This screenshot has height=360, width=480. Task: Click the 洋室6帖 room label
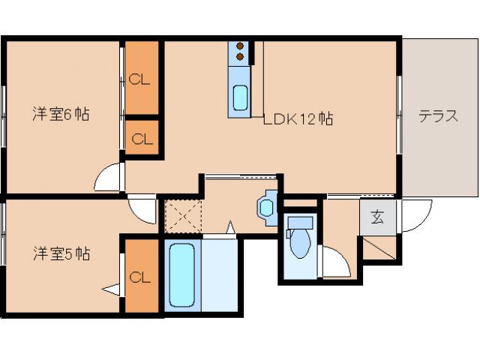(x=61, y=115)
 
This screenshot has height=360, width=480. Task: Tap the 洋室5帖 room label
(x=61, y=253)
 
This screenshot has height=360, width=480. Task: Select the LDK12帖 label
(x=298, y=118)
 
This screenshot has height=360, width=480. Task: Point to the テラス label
(x=438, y=116)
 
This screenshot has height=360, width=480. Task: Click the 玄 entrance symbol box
(x=377, y=218)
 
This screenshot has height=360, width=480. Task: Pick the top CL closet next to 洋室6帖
(x=141, y=78)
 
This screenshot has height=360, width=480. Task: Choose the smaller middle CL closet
(x=142, y=139)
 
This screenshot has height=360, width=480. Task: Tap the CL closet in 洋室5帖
(x=141, y=276)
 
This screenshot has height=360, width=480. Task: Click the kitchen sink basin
(x=241, y=97)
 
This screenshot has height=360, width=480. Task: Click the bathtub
(x=181, y=274)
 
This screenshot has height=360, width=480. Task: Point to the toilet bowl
(x=300, y=244)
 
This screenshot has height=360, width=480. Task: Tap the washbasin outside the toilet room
(x=267, y=205)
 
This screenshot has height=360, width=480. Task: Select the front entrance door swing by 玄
(x=414, y=217)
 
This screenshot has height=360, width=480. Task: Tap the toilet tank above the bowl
(x=300, y=223)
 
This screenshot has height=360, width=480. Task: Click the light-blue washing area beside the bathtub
(x=218, y=274)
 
